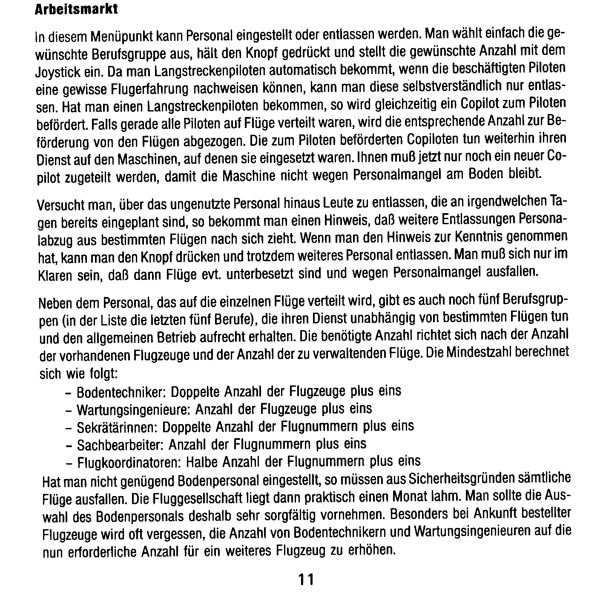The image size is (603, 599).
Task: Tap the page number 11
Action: [x=306, y=579]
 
